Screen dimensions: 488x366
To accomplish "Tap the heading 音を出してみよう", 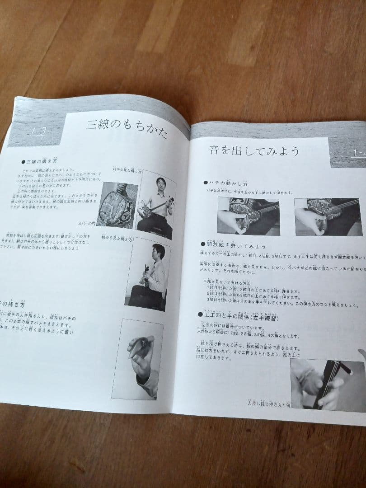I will [x=254, y=150].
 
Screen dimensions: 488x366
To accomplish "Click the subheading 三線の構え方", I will [x=41, y=161].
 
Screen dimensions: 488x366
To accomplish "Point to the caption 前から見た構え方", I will [x=127, y=172].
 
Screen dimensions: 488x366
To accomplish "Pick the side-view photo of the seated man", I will [x=148, y=275].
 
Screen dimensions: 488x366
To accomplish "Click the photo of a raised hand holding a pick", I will [x=137, y=359].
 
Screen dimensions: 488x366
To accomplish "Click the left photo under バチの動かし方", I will [x=248, y=216].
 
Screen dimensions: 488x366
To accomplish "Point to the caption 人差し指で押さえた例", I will [x=267, y=403].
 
